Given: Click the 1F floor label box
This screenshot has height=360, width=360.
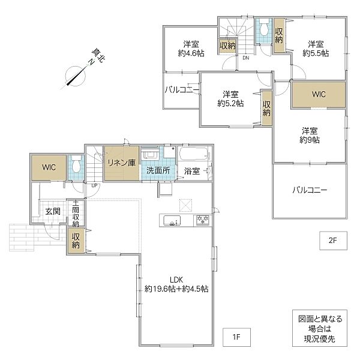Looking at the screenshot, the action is [x=236, y=337].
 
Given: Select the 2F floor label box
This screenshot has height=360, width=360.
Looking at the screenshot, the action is [x=333, y=241].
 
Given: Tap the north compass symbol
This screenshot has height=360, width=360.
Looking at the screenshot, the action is [x=76, y=76].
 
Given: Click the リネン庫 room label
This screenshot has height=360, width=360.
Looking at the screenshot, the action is [x=122, y=163].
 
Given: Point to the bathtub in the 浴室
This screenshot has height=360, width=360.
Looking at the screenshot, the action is [x=194, y=154].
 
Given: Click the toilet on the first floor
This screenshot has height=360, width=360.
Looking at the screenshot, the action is [x=76, y=164].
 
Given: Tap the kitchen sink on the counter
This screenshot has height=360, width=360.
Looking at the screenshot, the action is [x=172, y=221].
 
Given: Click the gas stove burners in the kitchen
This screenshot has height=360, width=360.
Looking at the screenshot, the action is [x=203, y=220].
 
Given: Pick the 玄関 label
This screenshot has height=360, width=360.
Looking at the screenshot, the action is [x=53, y=211].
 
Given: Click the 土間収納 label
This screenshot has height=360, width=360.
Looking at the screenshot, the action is [x=76, y=214].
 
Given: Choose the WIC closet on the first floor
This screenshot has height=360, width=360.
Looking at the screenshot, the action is [x=49, y=167].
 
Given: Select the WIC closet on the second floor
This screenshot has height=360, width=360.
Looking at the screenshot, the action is [x=319, y=94].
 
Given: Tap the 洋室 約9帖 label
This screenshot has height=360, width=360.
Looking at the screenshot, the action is [x=310, y=136].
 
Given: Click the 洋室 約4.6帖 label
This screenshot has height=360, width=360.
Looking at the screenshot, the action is [x=191, y=49].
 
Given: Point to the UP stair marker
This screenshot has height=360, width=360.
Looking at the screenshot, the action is [x=94, y=185].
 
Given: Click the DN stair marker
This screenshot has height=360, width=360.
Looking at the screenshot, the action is [x=246, y=58].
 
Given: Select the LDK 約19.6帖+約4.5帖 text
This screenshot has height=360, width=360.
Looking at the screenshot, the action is [x=176, y=284].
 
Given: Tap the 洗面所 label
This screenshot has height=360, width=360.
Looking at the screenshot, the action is [x=158, y=170].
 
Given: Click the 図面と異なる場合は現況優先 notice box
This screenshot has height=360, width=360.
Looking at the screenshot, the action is [x=320, y=328].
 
